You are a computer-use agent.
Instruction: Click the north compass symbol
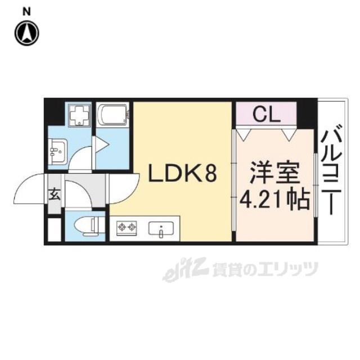(27, 33)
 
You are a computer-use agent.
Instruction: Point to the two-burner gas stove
(127, 228)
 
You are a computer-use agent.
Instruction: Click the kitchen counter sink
(162, 228)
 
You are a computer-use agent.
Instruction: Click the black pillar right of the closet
(306, 112)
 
